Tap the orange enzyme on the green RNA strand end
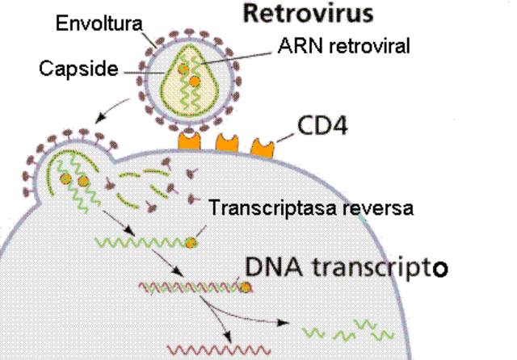pyautogui.click(x=191, y=242)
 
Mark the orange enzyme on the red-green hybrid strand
pyautogui.click(x=244, y=286)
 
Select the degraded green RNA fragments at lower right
pyautogui.click(x=348, y=329)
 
